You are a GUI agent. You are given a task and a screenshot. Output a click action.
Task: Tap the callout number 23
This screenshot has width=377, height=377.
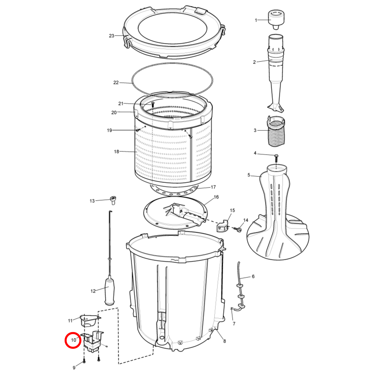click(x=111, y=36)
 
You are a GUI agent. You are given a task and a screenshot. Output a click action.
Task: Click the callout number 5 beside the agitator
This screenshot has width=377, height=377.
click(x=249, y=175)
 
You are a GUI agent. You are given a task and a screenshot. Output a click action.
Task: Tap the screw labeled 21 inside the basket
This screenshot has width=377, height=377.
click(x=153, y=104)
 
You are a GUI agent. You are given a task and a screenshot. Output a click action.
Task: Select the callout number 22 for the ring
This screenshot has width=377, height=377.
click(x=116, y=82)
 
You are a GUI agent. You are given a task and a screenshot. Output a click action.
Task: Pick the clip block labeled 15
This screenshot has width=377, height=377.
click(x=223, y=226)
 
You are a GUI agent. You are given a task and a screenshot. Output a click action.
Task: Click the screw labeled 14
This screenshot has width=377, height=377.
click(x=238, y=230)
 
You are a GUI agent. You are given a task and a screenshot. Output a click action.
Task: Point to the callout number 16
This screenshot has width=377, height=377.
click(x=216, y=197)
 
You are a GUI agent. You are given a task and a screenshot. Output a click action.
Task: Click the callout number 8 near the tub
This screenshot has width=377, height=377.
click(x=225, y=341)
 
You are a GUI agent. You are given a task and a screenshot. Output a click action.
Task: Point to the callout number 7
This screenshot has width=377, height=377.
click(x=234, y=324)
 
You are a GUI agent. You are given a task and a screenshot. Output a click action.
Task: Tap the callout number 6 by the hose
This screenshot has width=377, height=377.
click(x=253, y=276)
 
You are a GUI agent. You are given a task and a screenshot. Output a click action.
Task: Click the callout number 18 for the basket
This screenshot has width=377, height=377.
click(x=116, y=151)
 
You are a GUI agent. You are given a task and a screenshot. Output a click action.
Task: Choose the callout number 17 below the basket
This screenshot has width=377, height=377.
click(x=213, y=187)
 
